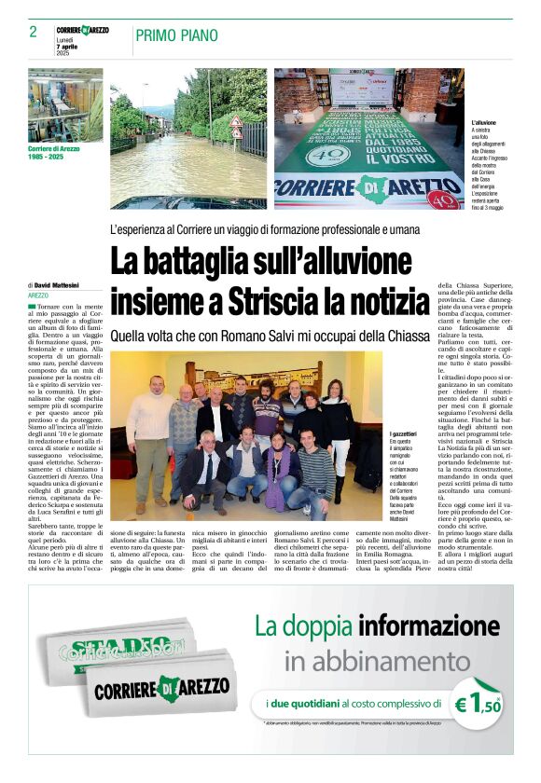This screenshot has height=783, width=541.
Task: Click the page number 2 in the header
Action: pos(33,32)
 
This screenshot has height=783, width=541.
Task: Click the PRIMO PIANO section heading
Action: pos(176,35)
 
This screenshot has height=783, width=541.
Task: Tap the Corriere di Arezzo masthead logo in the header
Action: pos(82,30)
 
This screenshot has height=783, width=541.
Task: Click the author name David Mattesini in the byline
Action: pos(59,284)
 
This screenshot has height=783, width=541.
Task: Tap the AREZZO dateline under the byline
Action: pos(39,295)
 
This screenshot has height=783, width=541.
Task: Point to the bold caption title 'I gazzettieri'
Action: pos(403,433)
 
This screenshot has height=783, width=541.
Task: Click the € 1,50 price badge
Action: pos(477,707)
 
